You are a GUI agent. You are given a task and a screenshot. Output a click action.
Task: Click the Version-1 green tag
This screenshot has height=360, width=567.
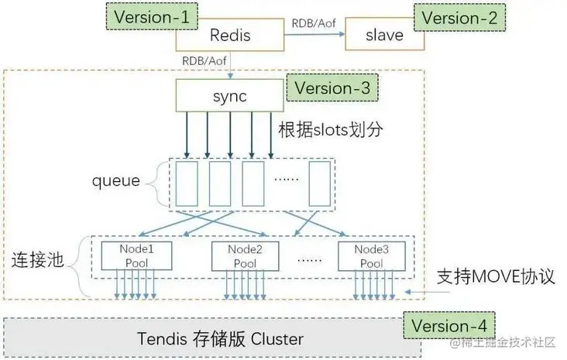152,16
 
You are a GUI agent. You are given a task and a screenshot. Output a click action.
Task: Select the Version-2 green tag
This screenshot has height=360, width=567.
459,18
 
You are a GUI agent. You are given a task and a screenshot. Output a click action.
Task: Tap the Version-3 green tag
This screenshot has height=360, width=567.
332,87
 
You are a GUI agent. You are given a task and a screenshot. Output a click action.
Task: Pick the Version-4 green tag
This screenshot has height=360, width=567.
449,326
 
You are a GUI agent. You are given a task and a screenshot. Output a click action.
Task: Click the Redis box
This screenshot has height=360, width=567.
230,35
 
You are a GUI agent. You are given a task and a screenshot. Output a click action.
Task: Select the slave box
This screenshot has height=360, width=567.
385,35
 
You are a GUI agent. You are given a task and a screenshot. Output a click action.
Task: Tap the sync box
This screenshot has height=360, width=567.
229,96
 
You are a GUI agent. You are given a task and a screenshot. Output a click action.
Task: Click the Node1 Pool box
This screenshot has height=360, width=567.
136,256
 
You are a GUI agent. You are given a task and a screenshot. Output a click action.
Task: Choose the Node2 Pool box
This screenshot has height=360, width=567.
246,256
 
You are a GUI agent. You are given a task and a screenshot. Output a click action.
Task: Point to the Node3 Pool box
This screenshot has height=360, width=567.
372,256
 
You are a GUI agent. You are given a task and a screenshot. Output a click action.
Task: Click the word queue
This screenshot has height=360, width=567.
116,180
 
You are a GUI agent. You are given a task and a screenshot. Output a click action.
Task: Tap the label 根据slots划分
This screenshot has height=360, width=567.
331,129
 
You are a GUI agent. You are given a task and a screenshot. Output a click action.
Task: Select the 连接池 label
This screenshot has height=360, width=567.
38,260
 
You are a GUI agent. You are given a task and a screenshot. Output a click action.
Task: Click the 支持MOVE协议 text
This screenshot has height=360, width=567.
496,276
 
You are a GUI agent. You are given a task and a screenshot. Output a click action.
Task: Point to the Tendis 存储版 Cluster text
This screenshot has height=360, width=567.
220,338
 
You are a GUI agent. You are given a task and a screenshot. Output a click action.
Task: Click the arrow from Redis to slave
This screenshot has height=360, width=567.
314,34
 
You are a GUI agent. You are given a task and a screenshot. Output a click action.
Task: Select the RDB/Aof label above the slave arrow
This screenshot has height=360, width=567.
314,23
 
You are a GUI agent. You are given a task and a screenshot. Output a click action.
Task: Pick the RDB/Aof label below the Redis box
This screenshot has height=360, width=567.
204,60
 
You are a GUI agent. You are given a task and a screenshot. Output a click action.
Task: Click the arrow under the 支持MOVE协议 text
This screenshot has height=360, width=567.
427,292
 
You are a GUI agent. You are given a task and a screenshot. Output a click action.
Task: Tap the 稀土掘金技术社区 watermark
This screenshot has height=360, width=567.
503,342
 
